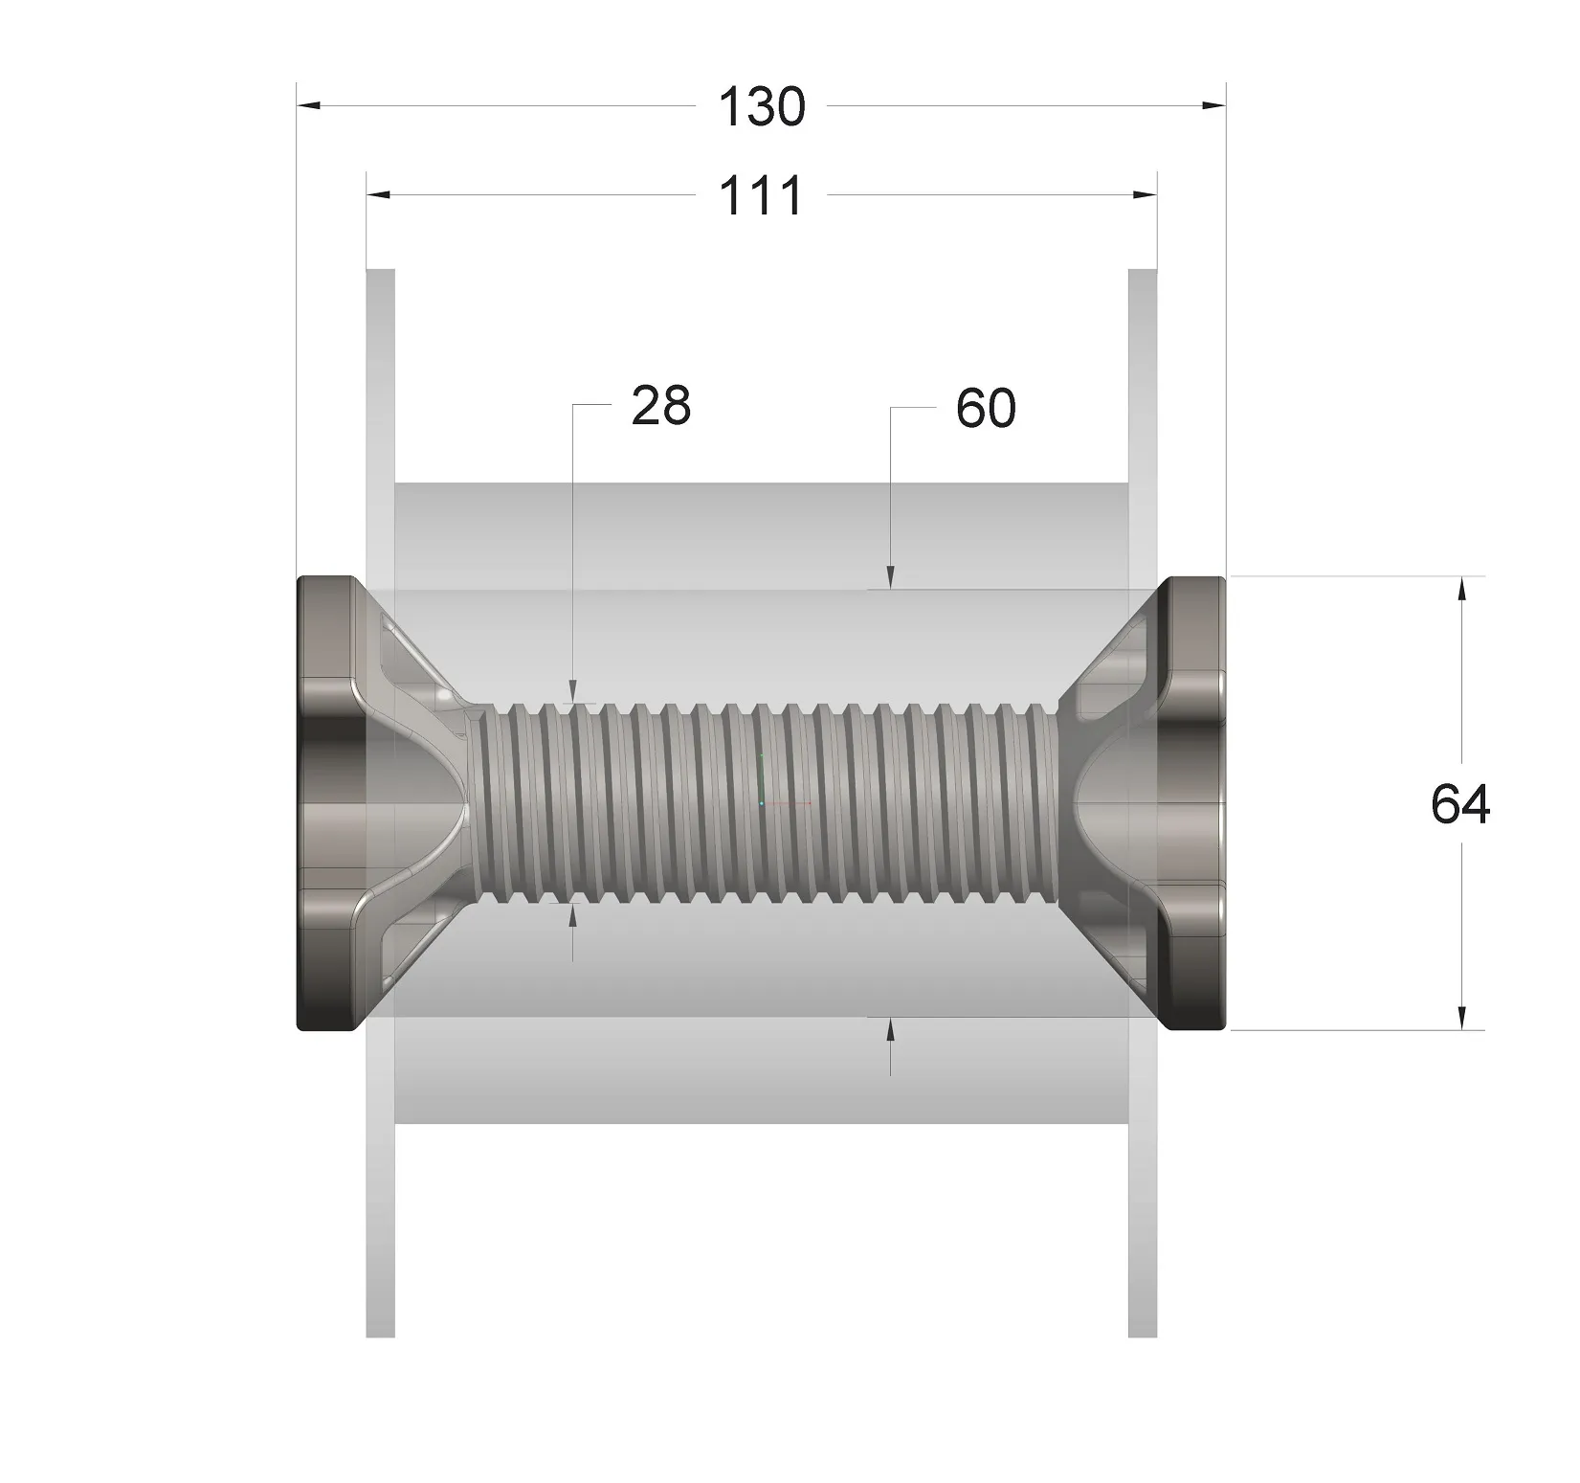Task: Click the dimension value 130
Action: click(x=762, y=106)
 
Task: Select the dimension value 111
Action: click(x=762, y=196)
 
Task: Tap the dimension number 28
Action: click(x=660, y=406)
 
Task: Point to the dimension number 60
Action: click(x=986, y=409)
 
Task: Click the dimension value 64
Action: click(x=1460, y=804)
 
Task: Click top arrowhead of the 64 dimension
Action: click(x=1461, y=589)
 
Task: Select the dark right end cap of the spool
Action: click(x=1194, y=804)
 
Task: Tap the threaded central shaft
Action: click(x=766, y=804)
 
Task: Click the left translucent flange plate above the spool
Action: click(x=381, y=402)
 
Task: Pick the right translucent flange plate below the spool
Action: click(x=1143, y=1197)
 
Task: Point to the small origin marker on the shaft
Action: click(x=763, y=802)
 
